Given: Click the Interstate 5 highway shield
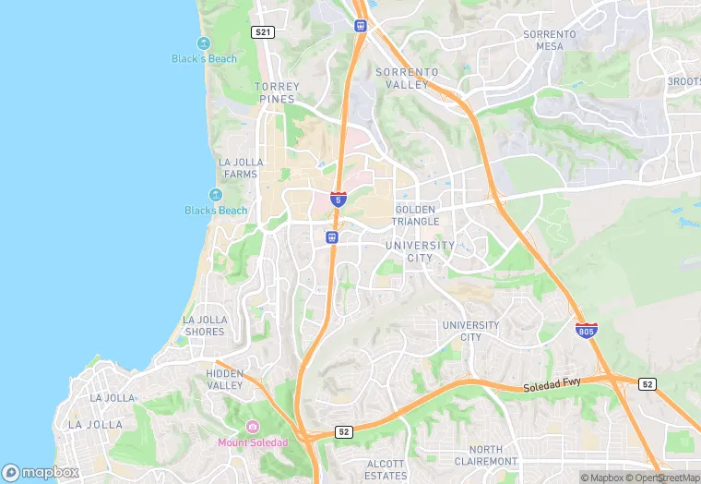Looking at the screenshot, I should [x=339, y=198].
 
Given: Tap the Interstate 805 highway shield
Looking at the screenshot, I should [x=586, y=330].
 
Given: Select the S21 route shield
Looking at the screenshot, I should [x=263, y=32].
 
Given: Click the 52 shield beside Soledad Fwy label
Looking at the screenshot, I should [x=647, y=383].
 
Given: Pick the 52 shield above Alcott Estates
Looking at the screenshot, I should [x=343, y=431].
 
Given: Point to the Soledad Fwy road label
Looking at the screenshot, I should [x=552, y=390].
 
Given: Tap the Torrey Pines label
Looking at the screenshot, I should [x=276, y=92].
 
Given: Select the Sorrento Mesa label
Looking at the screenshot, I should [x=550, y=40].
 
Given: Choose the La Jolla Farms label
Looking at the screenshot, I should [x=241, y=167].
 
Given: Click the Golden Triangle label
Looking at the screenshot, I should [x=416, y=215].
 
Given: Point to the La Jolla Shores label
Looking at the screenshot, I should [x=205, y=326].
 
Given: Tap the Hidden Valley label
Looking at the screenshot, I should [x=225, y=380].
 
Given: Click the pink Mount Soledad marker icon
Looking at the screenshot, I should [x=252, y=427].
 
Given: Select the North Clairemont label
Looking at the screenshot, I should [x=486, y=455].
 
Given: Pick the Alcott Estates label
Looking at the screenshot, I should [x=385, y=469].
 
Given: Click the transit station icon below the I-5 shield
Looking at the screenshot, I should [x=332, y=237].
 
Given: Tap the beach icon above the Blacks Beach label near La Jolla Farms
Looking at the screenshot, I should [x=215, y=195].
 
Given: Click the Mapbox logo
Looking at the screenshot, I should [x=41, y=472].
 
